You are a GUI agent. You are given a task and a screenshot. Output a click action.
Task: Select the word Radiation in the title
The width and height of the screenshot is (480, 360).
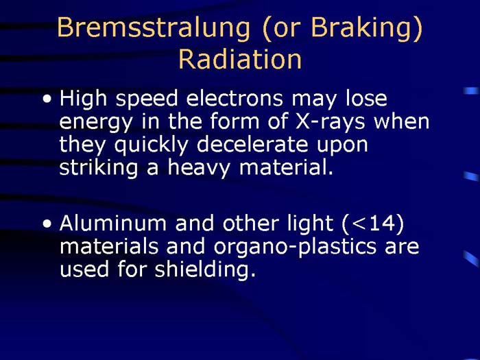239,59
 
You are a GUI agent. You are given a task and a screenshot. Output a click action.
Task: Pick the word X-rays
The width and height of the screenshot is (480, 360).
329,122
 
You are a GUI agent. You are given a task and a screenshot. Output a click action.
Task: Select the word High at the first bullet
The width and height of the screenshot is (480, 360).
82,100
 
